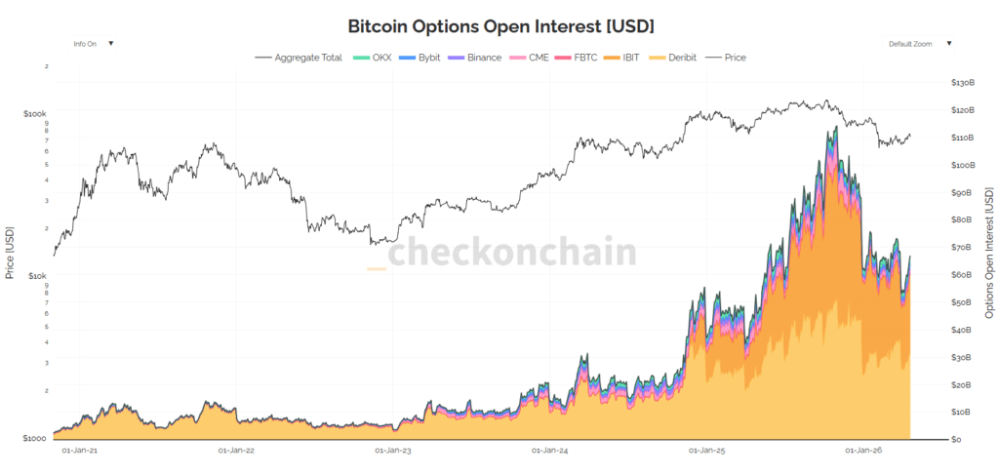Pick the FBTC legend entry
pyautogui.click(x=583, y=58)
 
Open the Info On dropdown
pyautogui.click(x=94, y=44)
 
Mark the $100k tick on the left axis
pyautogui.click(x=35, y=114)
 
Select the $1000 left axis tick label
pyautogui.click(x=35, y=439)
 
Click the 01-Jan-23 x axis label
pyautogui.click(x=393, y=451)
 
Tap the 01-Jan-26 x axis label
pyautogui.click(x=864, y=451)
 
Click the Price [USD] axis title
pyautogui.click(x=10, y=252)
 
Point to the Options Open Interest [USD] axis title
pyautogui.click(x=988, y=252)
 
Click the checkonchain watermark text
pyautogui.click(x=513, y=252)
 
